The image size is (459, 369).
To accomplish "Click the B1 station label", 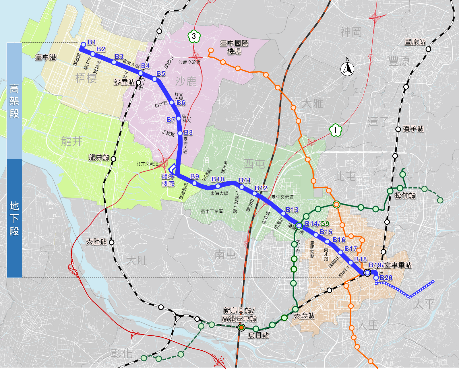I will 92,42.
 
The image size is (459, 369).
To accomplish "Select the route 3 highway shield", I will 194,36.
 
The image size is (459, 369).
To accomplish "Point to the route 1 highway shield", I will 335,130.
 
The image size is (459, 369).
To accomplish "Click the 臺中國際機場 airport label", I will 234,47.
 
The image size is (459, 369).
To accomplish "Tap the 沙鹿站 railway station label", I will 124,82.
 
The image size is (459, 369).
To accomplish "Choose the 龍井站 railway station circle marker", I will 113,159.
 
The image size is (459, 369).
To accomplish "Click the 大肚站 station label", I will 97,242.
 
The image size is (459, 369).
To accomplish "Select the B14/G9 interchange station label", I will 317,224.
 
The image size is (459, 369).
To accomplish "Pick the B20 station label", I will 386,278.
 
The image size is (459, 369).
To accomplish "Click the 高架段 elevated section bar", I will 14,101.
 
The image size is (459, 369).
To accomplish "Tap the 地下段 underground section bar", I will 14,218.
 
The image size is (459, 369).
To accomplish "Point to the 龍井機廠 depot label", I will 168,180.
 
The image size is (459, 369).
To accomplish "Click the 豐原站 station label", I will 415,42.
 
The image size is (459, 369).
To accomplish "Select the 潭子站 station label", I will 413,129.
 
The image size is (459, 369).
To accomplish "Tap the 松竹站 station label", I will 405,195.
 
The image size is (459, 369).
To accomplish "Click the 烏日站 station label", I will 258,335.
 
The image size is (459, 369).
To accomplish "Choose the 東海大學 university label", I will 219,193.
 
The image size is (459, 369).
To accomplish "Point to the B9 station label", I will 195,176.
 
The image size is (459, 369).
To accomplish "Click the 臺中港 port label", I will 46,57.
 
